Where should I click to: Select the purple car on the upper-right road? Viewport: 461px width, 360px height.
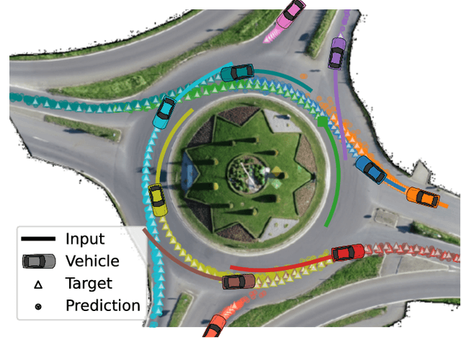tap(336, 53)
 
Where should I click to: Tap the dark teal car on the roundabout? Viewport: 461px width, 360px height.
tap(237, 72)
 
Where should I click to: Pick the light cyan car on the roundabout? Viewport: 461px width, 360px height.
tap(165, 109)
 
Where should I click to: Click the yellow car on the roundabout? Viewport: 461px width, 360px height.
tap(157, 199)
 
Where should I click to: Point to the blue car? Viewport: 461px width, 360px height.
tap(371, 169)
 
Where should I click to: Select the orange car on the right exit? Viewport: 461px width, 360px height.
tap(423, 197)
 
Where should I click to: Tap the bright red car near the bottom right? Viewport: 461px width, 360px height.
tap(348, 253)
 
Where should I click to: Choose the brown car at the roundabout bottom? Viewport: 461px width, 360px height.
tap(239, 281)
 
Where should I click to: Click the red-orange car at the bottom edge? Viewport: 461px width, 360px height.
tap(213, 328)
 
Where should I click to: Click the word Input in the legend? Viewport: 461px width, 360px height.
tap(84, 240)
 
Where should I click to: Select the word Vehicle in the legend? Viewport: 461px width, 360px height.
tap(92, 261)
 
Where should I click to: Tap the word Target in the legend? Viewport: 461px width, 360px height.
tap(89, 284)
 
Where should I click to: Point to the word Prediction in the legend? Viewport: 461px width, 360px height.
tap(102, 305)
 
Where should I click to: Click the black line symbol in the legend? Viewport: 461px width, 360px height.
tap(38, 240)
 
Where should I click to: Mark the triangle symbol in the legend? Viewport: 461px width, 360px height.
tap(38, 284)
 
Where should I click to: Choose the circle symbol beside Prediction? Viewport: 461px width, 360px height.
tap(38, 306)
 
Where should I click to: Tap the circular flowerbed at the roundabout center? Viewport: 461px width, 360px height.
tap(248, 171)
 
